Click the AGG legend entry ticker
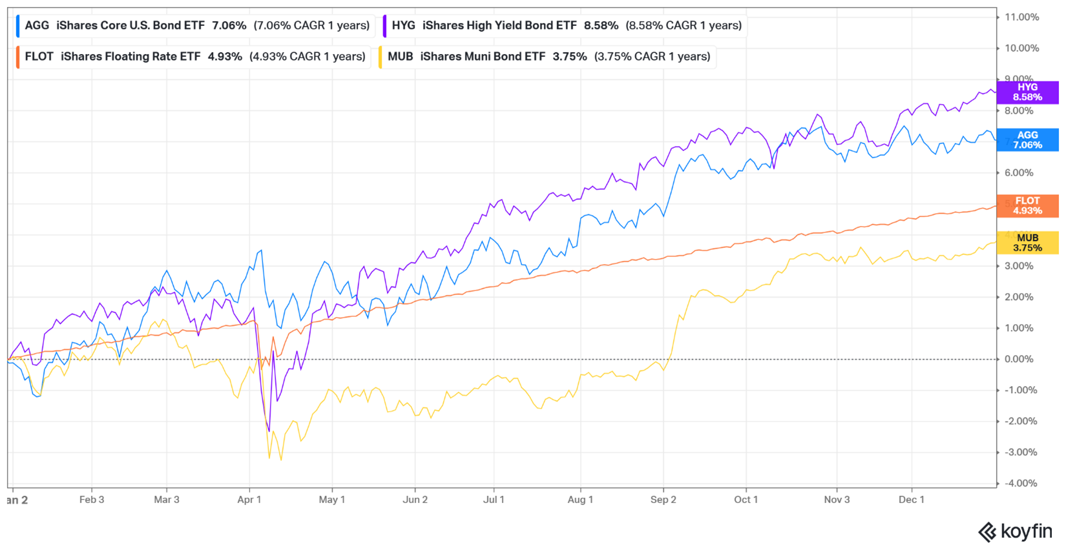37,25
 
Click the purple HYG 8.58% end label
1027,92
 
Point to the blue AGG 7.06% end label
1027,140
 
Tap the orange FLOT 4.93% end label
1027,206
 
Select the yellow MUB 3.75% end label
1027,243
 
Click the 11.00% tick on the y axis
1021,17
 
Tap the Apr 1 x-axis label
249,500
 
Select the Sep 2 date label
664,500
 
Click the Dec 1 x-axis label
912,500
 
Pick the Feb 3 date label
92,500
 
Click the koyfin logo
1016,532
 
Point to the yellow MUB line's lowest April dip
280,459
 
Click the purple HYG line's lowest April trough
269,431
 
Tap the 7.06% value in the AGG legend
229,25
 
